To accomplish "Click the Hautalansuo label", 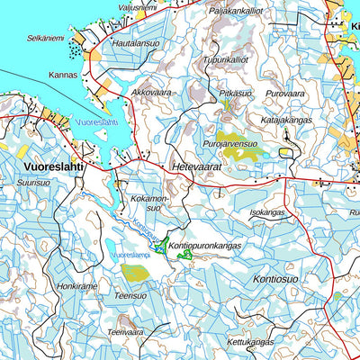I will coord(135,42).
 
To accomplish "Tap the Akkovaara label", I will coord(152,92).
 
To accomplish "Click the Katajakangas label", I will coord(287,117).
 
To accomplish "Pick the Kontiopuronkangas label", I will coord(206,244).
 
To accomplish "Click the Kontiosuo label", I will coord(275,280).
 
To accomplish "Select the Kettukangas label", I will coord(249,342).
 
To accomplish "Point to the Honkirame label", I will coord(77,285).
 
